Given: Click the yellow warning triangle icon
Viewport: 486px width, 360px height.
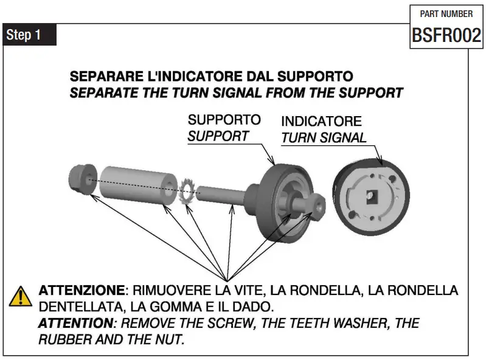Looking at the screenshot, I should pos(20,296).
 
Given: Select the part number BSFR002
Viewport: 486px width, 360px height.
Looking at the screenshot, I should pos(446,35).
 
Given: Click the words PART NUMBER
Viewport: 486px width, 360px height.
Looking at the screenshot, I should pos(446,14).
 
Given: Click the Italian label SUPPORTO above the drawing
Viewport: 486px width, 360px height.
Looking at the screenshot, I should pos(224,120).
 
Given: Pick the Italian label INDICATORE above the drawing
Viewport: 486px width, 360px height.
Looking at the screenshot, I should pos(321,122).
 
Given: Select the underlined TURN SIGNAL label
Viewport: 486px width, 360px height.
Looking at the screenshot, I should pos(324,138).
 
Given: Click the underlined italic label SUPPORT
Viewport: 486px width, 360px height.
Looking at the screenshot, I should pos(218,136).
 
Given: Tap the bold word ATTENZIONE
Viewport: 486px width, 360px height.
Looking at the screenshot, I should pos(82,290).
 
